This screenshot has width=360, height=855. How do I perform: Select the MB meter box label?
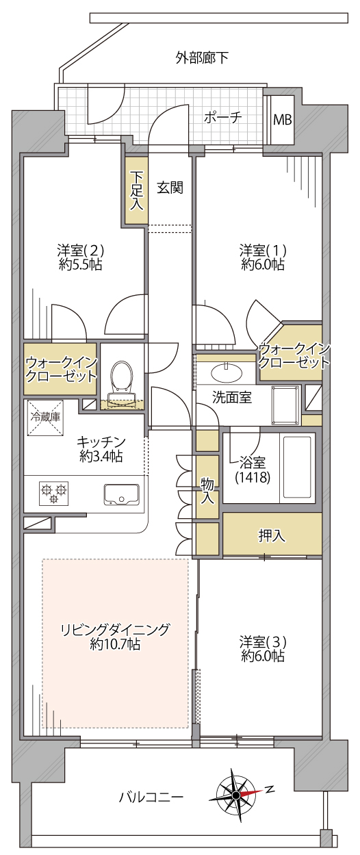click(x=283, y=120)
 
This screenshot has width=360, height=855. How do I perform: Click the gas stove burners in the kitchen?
click(x=54, y=492)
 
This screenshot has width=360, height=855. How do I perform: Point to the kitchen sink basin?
click(x=121, y=495)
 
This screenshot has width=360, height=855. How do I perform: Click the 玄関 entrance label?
click(x=170, y=188)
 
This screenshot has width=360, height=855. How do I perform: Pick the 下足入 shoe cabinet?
click(x=136, y=190)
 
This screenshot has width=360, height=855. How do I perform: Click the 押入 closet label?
click(x=272, y=535)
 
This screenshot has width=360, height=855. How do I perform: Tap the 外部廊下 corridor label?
click(x=202, y=58)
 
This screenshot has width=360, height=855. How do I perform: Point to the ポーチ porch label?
click(x=222, y=117)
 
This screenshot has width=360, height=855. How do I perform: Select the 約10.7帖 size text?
click(x=115, y=645)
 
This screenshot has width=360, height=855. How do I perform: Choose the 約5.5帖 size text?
click(x=81, y=264)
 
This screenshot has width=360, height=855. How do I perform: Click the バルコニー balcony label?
click(x=151, y=797)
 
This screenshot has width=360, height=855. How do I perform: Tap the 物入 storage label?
click(x=207, y=492)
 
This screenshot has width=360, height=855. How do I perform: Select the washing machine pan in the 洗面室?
click(x=285, y=405)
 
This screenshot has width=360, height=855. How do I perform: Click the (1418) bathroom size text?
click(x=253, y=477)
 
